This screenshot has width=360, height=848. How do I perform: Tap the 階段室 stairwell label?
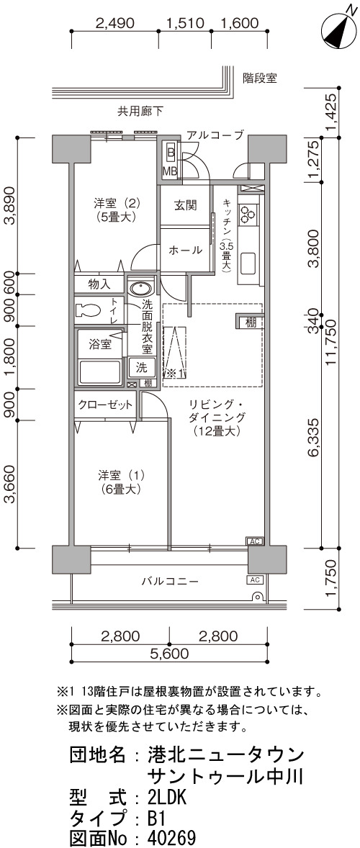pos(259,78)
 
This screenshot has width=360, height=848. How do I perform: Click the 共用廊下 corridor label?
pos(141,112)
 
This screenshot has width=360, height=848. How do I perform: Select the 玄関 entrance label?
pos(185,205)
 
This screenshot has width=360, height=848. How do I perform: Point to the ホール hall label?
pos(186,251)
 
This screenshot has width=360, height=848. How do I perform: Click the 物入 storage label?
pos(99,284)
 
